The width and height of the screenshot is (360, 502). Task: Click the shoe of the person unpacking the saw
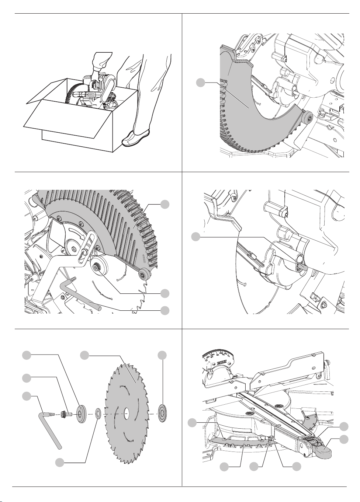tap(136, 138)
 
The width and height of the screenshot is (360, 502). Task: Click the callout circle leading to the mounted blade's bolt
tap(166, 293)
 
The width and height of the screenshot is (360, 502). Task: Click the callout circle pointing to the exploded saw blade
tap(85, 355)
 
